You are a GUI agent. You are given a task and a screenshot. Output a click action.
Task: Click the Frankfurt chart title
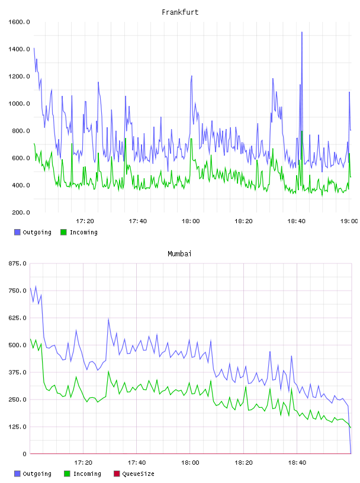(x=180, y=12)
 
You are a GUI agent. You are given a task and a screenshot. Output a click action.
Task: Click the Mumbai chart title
(x=179, y=254)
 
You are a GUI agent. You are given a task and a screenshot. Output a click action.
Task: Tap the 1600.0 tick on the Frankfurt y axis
(x=19, y=22)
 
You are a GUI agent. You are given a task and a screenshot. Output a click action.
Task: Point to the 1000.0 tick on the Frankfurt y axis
(x=19, y=104)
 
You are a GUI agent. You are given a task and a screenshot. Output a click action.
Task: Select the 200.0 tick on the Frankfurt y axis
(x=21, y=212)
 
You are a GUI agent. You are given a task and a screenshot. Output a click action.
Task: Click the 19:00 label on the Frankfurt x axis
(x=349, y=221)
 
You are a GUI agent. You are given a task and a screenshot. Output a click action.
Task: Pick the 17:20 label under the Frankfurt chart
(x=85, y=221)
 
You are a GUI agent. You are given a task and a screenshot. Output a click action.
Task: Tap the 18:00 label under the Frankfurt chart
(x=191, y=221)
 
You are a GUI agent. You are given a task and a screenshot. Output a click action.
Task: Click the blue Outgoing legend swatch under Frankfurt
(x=17, y=232)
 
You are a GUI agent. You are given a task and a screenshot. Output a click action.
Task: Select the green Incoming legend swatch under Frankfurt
(x=63, y=232)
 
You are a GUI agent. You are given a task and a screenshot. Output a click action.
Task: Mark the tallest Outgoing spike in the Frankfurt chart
(x=302, y=32)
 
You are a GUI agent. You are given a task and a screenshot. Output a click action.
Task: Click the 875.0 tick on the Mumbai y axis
(x=18, y=263)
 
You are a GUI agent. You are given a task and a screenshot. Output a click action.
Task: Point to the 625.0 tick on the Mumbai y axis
(x=18, y=318)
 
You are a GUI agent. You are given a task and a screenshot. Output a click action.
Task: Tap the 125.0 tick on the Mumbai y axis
(x=18, y=427)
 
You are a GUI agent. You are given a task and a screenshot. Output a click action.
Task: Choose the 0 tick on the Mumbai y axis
(x=25, y=454)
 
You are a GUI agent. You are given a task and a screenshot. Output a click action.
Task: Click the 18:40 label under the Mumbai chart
(x=297, y=463)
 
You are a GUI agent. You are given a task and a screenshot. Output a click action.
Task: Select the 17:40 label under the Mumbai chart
(x=137, y=463)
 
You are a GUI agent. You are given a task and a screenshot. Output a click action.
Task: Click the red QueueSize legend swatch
(x=117, y=474)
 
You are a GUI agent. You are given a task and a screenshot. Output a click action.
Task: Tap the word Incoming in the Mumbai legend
(x=87, y=474)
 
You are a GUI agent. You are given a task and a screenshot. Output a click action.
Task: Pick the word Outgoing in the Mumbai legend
(x=37, y=474)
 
